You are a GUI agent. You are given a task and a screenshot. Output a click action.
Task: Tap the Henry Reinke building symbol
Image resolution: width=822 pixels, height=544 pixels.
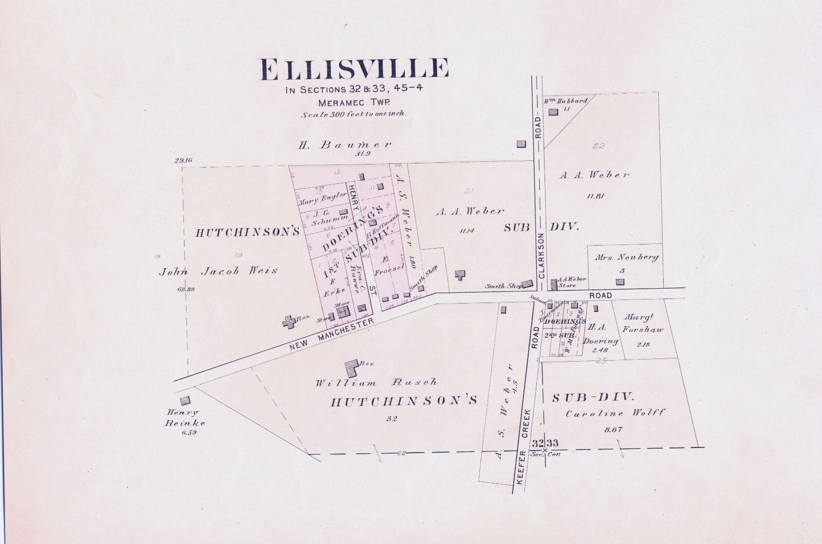tap(184, 400)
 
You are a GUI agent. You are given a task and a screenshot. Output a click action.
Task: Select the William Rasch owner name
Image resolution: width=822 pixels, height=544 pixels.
tap(377, 382)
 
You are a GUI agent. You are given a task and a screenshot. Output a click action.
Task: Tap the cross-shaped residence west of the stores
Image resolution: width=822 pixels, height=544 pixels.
tap(288, 323)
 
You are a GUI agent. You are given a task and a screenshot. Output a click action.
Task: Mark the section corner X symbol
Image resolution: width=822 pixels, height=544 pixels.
tap(545, 451)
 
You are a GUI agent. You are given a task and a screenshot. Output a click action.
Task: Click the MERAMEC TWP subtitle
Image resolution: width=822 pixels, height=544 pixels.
tap(354, 102)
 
